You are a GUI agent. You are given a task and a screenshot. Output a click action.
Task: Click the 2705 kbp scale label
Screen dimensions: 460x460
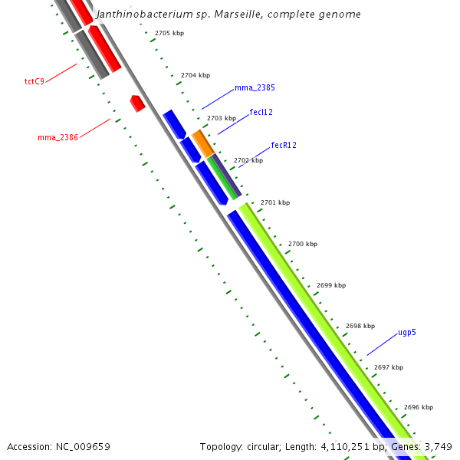click(169, 34)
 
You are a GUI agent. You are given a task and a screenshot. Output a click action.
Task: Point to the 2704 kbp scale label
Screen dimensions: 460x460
click(195, 76)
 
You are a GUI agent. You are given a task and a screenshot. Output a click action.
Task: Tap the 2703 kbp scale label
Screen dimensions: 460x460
click(222, 118)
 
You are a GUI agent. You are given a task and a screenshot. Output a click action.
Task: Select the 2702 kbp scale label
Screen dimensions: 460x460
click(248, 160)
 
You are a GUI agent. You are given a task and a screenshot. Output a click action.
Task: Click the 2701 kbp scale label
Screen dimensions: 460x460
click(275, 202)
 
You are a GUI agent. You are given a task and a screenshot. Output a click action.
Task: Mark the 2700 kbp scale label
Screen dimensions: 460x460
click(303, 244)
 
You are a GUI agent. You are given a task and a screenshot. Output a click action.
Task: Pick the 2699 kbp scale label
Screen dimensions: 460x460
click(331, 285)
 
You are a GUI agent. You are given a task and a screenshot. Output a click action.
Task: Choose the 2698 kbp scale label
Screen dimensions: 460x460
click(360, 326)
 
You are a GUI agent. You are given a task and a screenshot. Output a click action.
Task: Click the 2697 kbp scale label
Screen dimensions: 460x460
click(389, 367)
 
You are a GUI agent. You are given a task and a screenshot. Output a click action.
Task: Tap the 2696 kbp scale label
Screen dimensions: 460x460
click(419, 407)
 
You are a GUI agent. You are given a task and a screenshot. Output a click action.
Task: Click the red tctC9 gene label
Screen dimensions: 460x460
click(34, 80)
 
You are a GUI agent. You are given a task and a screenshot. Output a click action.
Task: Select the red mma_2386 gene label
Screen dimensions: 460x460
click(58, 138)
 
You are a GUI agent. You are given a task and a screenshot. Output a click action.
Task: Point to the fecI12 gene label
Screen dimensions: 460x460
click(261, 112)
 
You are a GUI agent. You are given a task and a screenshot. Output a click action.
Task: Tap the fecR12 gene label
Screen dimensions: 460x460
click(284, 145)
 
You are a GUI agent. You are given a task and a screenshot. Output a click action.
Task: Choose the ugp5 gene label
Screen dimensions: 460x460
click(407, 333)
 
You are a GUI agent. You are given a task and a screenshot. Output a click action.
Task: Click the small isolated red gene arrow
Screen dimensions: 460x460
click(138, 103)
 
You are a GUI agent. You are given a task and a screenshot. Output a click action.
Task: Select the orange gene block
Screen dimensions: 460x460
click(202, 143)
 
